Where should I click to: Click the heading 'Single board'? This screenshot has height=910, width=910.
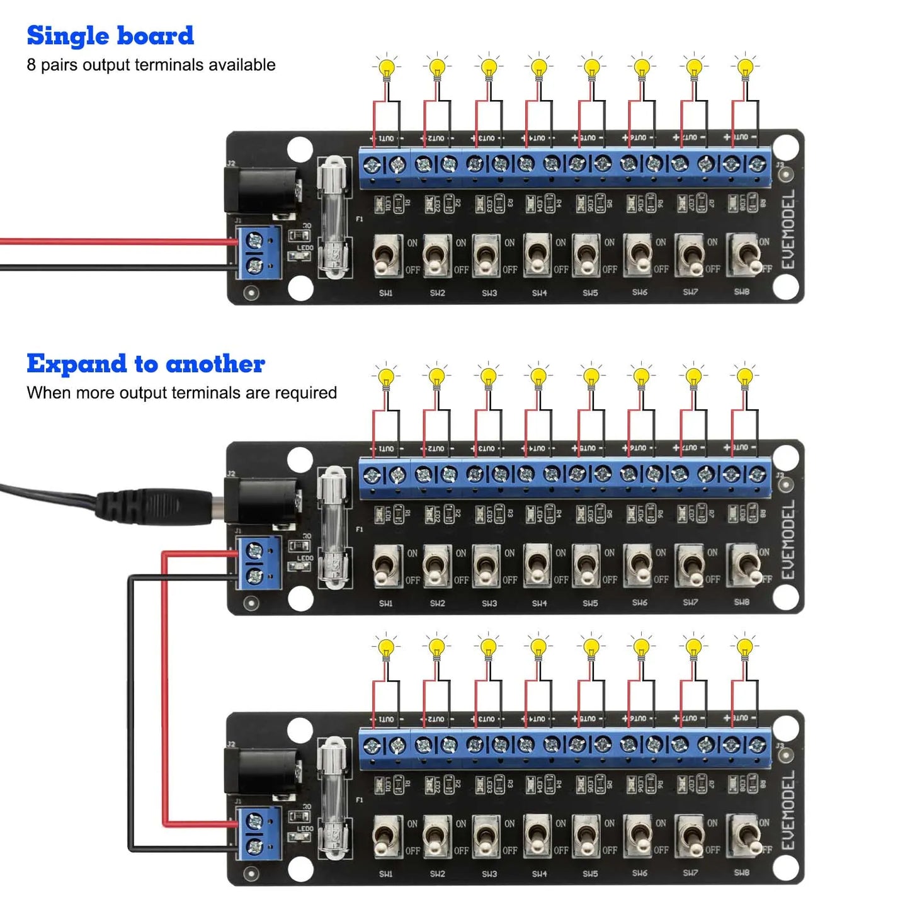pos(110,36)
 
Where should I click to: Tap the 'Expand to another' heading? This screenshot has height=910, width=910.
pos(145,364)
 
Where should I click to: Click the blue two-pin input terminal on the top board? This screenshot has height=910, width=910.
pos(258,252)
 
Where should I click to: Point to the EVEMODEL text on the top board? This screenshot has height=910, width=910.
pos(788,230)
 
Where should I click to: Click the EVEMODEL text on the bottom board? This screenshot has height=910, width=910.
pos(788,810)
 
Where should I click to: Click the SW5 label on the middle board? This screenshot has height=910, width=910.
pos(590,603)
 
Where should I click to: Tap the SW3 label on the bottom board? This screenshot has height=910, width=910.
pos(489,874)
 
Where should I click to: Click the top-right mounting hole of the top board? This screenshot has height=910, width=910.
pos(785,148)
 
